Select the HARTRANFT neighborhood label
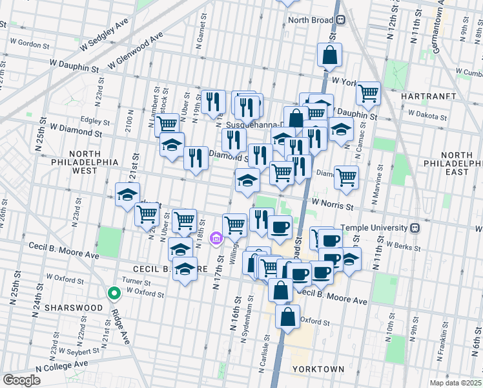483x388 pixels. (428, 96)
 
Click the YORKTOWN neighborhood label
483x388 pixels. (318, 369)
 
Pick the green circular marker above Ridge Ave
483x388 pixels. (114, 294)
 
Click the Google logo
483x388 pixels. (21, 380)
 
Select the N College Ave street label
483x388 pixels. (61, 366)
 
